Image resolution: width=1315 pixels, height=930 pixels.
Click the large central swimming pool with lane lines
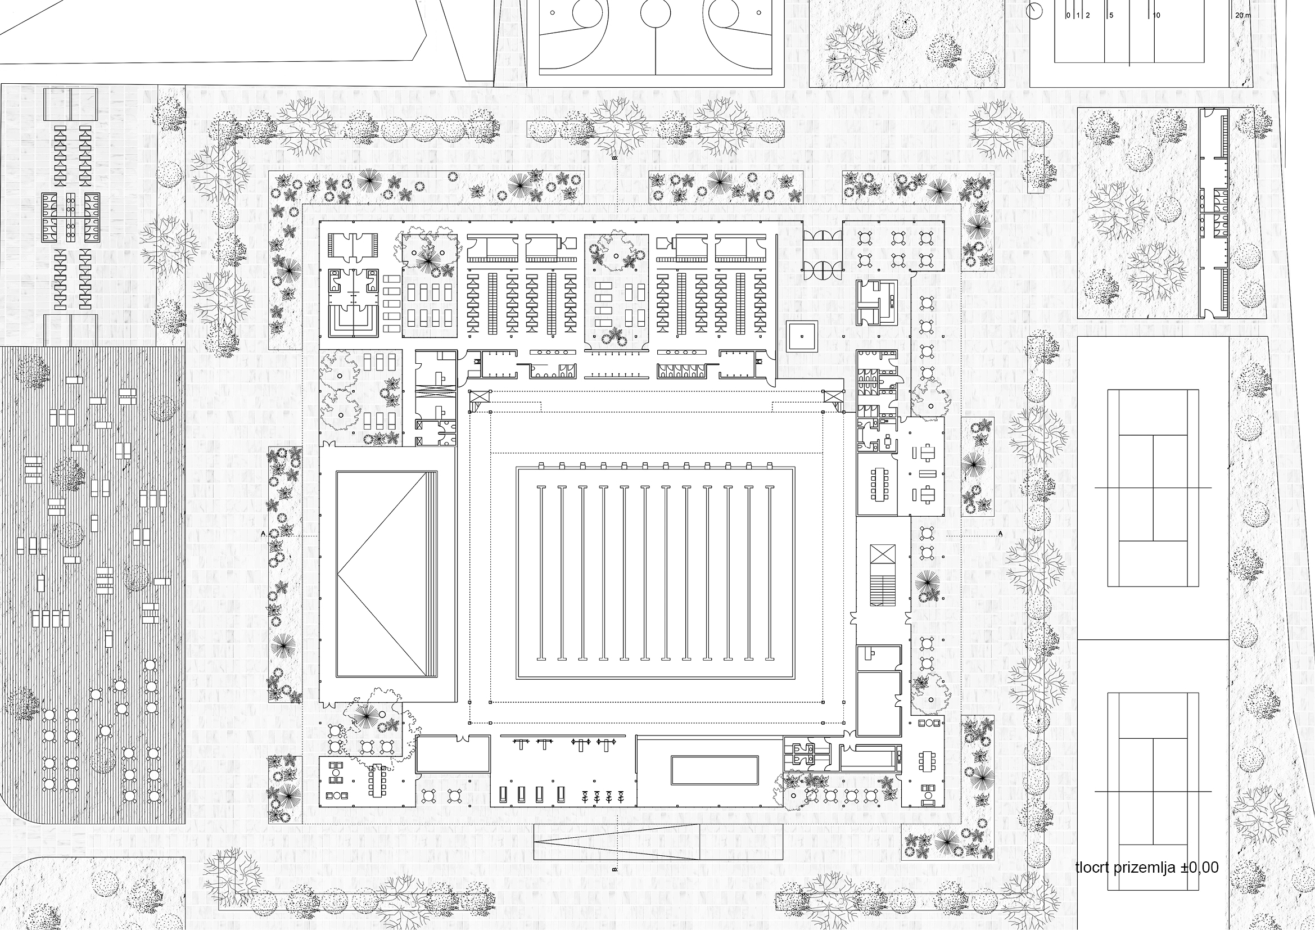click(x=655, y=573)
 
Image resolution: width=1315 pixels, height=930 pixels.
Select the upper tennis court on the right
click(x=1153, y=488)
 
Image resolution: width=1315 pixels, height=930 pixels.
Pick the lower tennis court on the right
click(x=1153, y=792)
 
